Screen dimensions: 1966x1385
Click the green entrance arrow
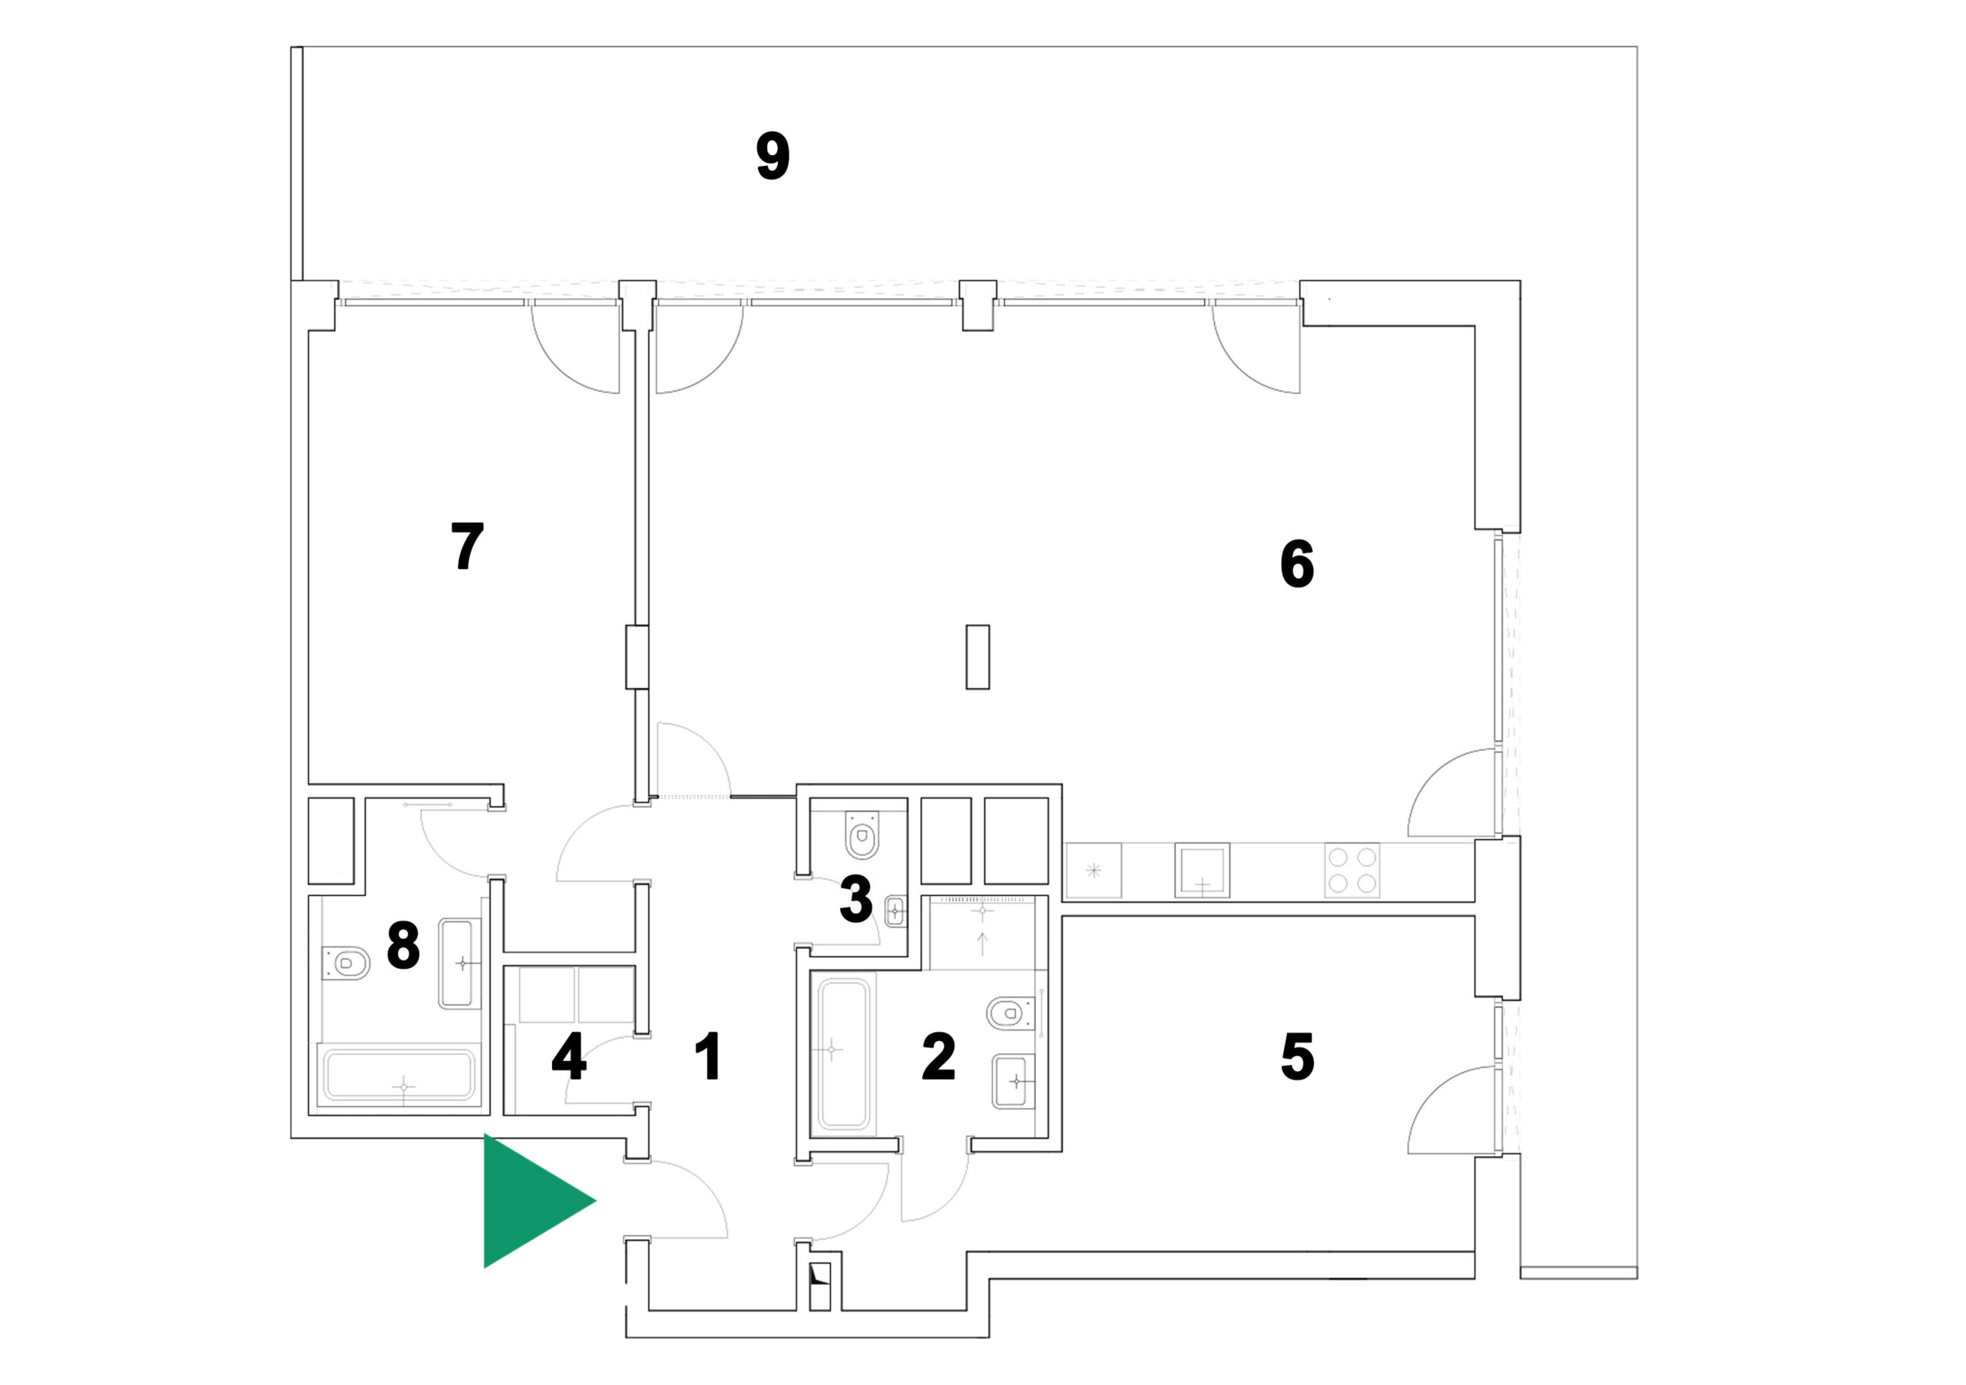pyautogui.click(x=531, y=1200)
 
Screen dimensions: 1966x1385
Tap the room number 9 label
pyautogui.click(x=773, y=157)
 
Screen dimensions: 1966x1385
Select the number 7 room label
pyautogui.click(x=468, y=546)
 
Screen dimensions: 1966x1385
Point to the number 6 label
pyautogui.click(x=1296, y=564)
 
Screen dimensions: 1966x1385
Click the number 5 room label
pyautogui.click(x=1297, y=1056)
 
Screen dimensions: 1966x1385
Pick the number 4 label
pyautogui.click(x=568, y=1056)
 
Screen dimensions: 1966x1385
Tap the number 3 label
pyautogui.click(x=856, y=900)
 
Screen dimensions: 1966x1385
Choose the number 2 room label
pyautogui.click(x=938, y=1056)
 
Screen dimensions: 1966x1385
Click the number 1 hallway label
pyautogui.click(x=708, y=1056)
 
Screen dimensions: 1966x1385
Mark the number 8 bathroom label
pyautogui.click(x=403, y=945)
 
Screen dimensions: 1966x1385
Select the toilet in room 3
pyautogui.click(x=862, y=835)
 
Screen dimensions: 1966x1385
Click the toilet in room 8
pyautogui.click(x=346, y=963)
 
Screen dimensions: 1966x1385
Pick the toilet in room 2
pyautogui.click(x=1012, y=1013)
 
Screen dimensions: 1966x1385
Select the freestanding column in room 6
pyautogui.click(x=978, y=656)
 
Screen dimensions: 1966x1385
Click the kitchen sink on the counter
pyautogui.click(x=1202, y=871)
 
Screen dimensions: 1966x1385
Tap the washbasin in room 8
pyautogui.click(x=460, y=963)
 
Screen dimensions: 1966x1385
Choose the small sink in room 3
pyautogui.click(x=895, y=911)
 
